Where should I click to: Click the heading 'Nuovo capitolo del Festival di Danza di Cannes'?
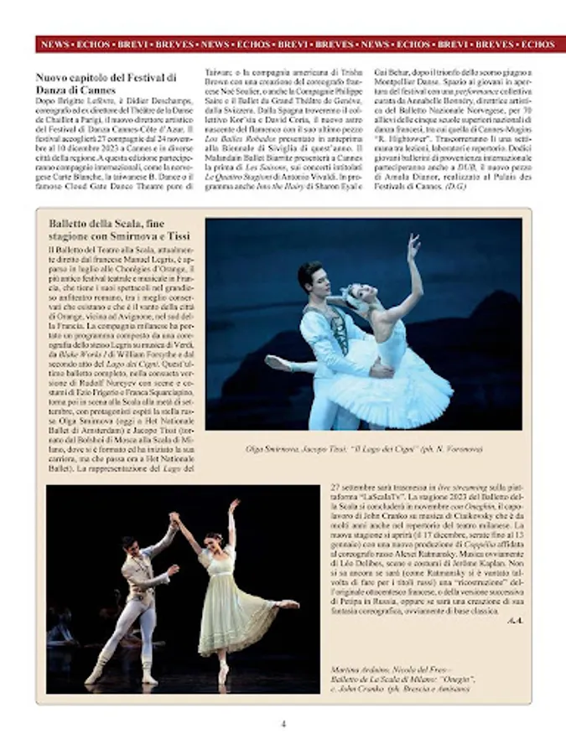(x=106, y=84)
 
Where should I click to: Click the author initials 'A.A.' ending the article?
(x=514, y=619)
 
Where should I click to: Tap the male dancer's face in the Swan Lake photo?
(x=314, y=278)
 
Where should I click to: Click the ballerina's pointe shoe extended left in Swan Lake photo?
(x=277, y=362)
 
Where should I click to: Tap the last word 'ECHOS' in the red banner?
(x=537, y=44)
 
